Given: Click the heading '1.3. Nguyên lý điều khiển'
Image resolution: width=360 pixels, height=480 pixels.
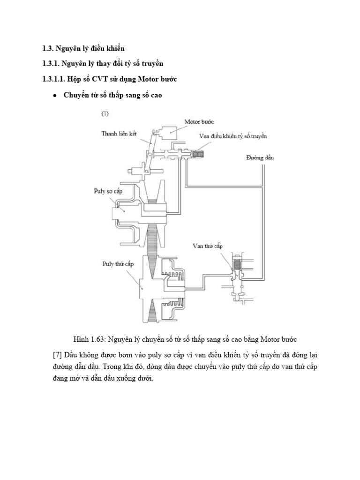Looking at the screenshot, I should click(83, 48).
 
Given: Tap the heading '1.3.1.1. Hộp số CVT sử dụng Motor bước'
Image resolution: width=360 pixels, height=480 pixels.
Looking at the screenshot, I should click(109, 79).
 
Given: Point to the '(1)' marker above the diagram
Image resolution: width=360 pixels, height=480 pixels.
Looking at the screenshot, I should click(105, 113).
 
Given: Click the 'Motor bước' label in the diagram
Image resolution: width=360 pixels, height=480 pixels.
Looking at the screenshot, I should click(199, 122).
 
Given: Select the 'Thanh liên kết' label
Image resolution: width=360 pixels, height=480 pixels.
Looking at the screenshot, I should click(119, 134).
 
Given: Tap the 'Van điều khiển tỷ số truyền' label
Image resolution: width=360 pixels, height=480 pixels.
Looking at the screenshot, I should click(233, 136).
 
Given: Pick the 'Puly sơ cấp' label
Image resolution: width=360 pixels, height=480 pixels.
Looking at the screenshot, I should click(111, 191).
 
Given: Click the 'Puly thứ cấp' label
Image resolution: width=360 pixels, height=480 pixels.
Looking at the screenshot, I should click(118, 264).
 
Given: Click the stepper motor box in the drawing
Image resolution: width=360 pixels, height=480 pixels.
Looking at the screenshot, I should click(168, 134).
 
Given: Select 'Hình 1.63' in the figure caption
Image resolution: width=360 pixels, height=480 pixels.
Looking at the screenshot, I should click(89, 338).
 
